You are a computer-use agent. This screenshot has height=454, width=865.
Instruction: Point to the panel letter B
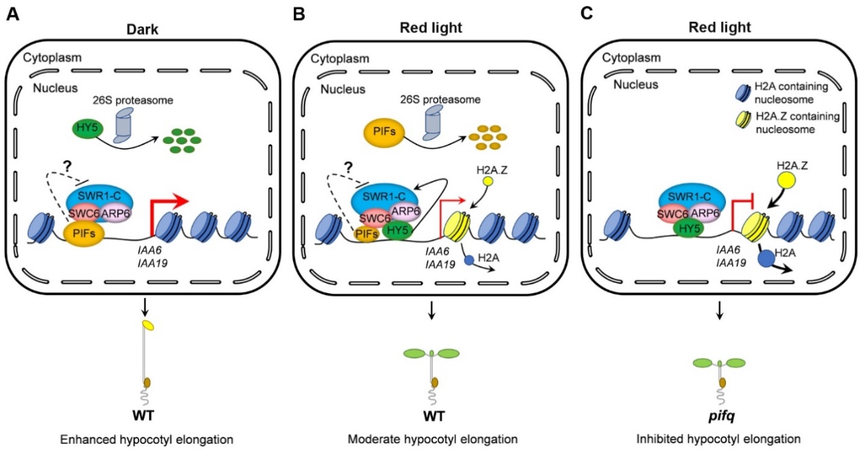(297, 14)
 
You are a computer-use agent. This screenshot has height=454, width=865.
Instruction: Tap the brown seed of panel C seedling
(722, 382)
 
